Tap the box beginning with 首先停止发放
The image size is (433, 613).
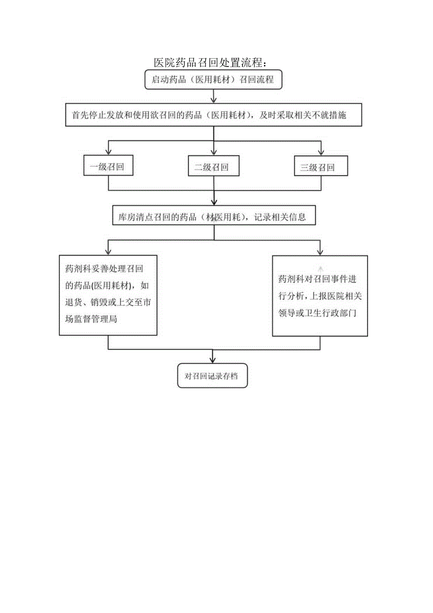[214, 115]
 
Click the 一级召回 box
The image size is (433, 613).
[108, 167]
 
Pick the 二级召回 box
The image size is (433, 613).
[214, 167]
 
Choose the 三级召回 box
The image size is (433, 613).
[321, 167]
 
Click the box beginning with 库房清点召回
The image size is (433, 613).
[214, 217]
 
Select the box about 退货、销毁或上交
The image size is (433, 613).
[108, 294]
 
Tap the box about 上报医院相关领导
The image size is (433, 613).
[320, 296]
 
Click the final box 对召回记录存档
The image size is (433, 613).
[213, 376]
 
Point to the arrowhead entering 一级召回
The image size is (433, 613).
[108, 152]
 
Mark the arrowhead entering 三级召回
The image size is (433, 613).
[321, 152]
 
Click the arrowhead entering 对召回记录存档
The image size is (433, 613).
[214, 360]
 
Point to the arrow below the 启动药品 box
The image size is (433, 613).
[214, 97]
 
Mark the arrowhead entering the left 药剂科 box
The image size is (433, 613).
[108, 252]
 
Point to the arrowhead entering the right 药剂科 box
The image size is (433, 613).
[320, 252]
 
